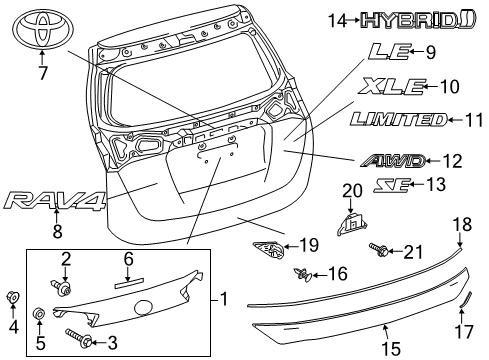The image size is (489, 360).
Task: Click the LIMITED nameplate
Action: pyautogui.click(x=397, y=120)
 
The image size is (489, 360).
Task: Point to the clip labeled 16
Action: pyautogui.click(x=301, y=273)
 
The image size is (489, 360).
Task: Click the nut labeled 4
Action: pyautogui.click(x=14, y=297)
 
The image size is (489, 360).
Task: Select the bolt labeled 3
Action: pyautogui.click(x=81, y=341)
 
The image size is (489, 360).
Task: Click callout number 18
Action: pyautogui.click(x=460, y=226)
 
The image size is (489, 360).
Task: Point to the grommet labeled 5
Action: pyautogui.click(x=37, y=315)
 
